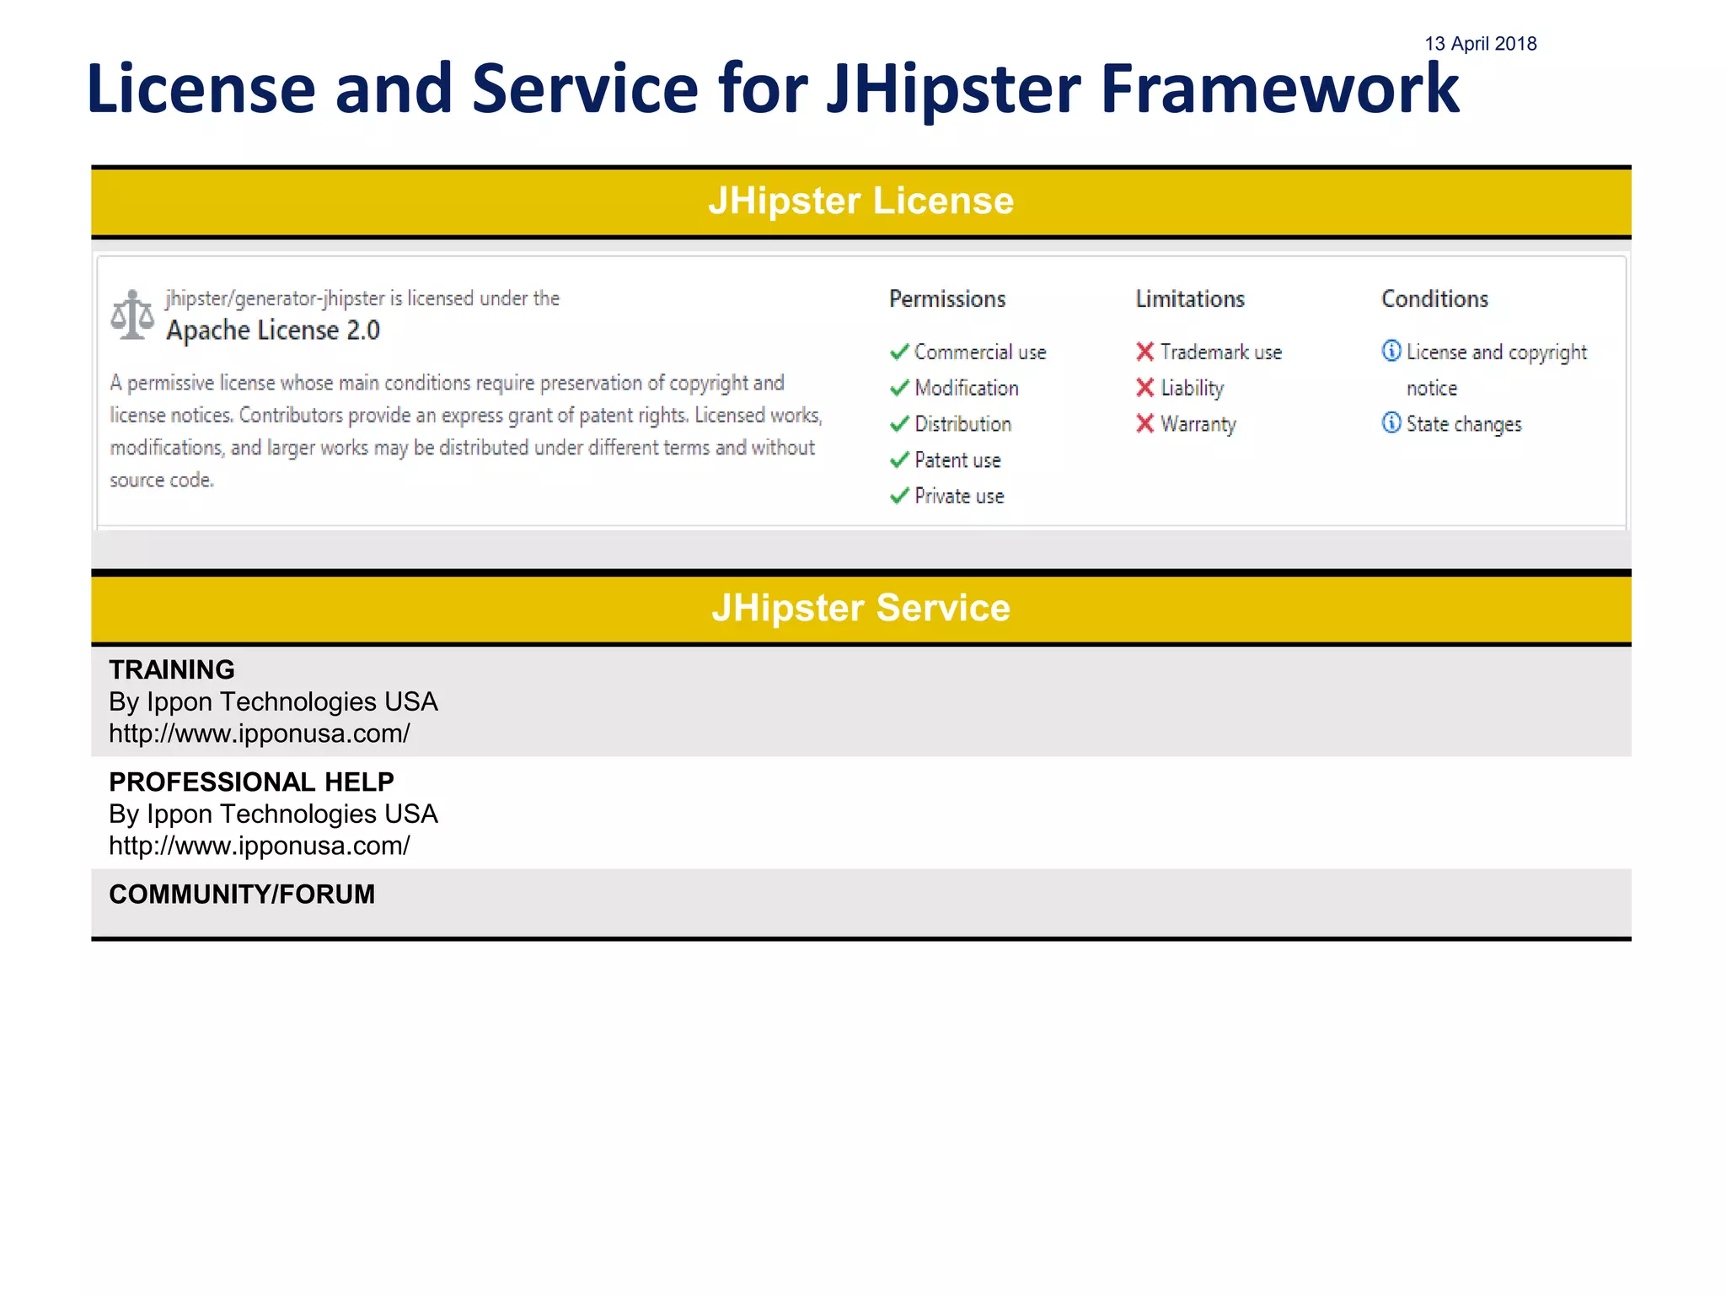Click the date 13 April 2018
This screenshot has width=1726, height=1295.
tap(1480, 44)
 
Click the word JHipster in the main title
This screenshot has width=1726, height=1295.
tap(952, 89)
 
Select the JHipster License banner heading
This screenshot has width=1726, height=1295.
tap(860, 202)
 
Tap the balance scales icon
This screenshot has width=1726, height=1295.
tap(132, 314)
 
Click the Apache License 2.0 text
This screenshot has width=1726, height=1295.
tap(273, 330)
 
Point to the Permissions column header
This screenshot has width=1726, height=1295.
tap(947, 299)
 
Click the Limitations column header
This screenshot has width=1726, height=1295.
tap(1189, 299)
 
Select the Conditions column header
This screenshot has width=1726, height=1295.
tap(1434, 299)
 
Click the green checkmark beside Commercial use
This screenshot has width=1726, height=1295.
tap(899, 352)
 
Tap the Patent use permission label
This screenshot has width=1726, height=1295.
tap(957, 460)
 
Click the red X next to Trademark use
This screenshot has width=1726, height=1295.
tap(1144, 352)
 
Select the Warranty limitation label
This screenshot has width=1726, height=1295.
tap(1198, 424)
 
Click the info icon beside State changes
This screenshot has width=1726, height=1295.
tap(1391, 422)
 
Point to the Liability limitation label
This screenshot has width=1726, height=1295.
tap(1192, 388)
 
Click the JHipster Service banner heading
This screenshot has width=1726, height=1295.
tap(860, 609)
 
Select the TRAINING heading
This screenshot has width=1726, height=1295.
tap(172, 669)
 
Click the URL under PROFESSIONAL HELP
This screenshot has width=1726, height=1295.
tap(260, 846)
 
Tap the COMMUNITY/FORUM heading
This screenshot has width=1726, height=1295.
tap(242, 895)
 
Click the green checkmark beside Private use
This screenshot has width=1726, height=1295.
tap(899, 496)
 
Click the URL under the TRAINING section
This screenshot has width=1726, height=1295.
tap(260, 733)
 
